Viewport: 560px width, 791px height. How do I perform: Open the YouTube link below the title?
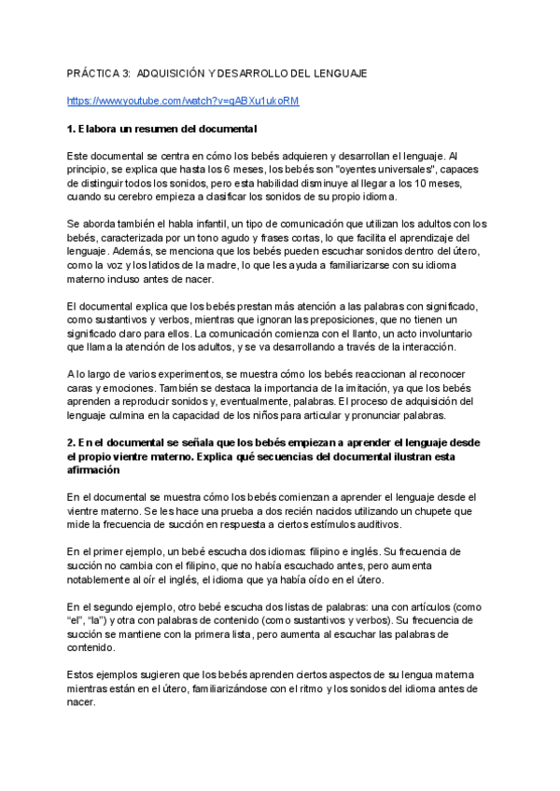pyautogui.click(x=184, y=100)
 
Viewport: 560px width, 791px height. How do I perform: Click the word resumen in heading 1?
pyautogui.click(x=154, y=128)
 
